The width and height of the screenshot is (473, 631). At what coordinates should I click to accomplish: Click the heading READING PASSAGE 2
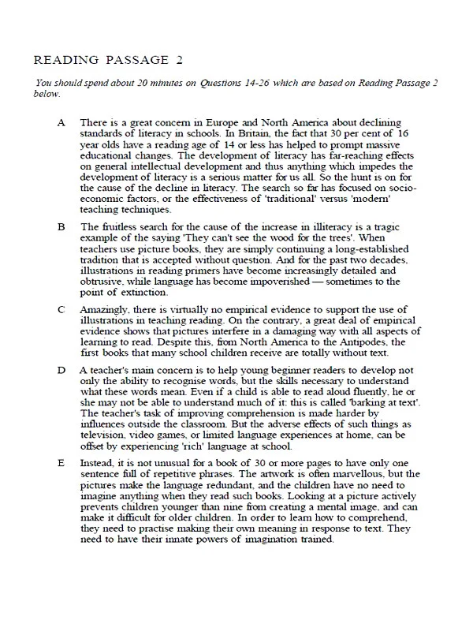pyautogui.click(x=102, y=60)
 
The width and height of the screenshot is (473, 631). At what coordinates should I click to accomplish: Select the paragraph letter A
pyautogui.click(x=61, y=125)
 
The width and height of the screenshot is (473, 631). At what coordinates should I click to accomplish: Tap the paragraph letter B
pyautogui.click(x=61, y=227)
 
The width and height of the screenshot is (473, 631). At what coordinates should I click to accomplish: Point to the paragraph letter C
pyautogui.click(x=61, y=308)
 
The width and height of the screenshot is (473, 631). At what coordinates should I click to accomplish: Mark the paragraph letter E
pyautogui.click(x=61, y=484)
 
